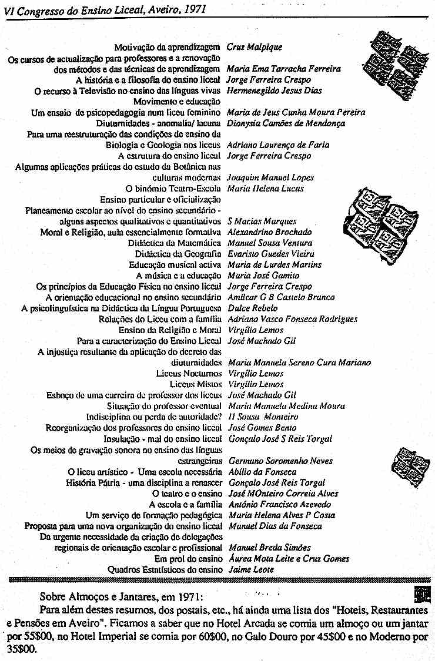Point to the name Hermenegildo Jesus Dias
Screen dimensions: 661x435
(275, 90)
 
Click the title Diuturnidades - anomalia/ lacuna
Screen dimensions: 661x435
(159, 123)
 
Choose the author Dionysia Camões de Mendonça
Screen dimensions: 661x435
(286, 123)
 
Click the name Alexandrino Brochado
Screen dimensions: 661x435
(270, 232)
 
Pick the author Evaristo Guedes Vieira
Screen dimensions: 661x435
(271, 254)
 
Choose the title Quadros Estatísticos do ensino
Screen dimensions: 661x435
(165, 569)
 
